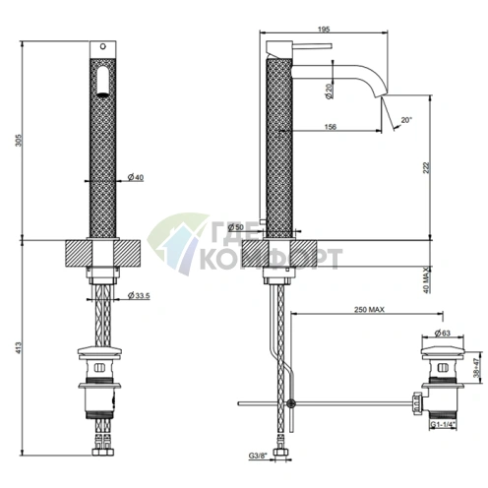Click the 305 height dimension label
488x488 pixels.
19,140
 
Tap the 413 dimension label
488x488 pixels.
19,347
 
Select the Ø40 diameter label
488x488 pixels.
136,177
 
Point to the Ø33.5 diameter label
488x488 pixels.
139,296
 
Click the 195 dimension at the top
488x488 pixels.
324,30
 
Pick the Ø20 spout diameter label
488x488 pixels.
330,91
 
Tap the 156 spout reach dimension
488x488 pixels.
331,127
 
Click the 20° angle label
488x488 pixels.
406,120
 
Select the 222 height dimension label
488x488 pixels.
426,167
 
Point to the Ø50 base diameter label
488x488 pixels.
235,227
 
